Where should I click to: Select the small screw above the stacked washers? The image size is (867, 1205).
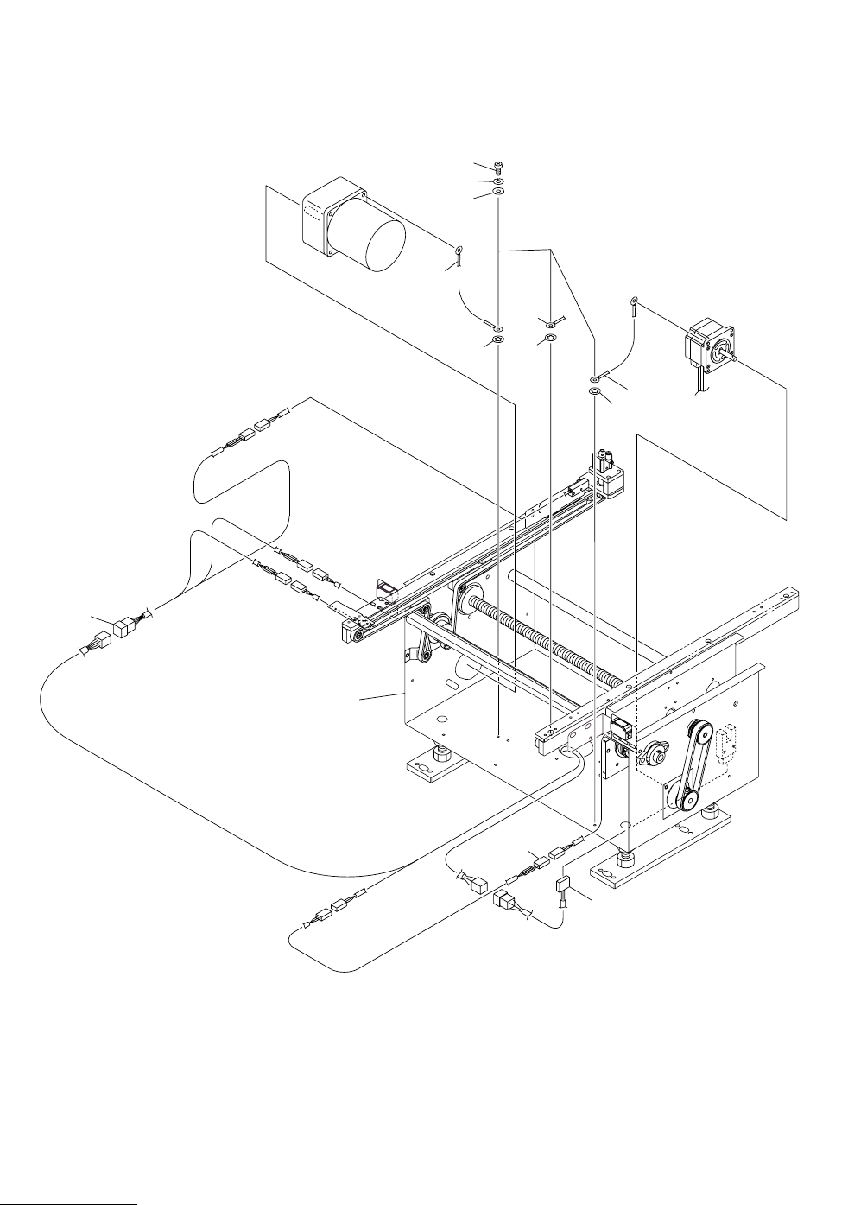click(x=499, y=166)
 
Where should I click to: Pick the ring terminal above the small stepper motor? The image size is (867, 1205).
click(x=635, y=301)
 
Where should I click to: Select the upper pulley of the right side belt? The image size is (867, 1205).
click(x=700, y=733)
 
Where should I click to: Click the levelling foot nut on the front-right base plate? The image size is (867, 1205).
click(x=623, y=857)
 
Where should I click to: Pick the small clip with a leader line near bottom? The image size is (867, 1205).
click(x=563, y=884)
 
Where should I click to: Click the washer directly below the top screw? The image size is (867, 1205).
click(x=499, y=180)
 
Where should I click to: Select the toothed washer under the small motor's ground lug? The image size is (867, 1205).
click(x=594, y=392)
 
